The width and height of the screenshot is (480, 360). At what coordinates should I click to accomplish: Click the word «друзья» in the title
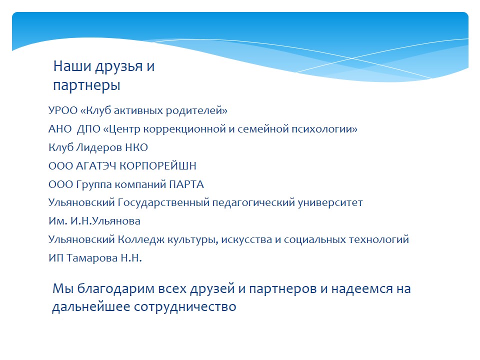click(119, 66)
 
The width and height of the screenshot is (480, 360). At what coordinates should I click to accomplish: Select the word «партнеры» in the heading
click(86, 85)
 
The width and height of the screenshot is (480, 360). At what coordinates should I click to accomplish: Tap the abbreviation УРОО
click(63, 110)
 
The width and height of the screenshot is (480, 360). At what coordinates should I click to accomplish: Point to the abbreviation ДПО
click(88, 129)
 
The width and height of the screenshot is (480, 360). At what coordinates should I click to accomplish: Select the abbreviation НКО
click(136, 147)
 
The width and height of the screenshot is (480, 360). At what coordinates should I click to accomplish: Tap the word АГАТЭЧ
click(96, 166)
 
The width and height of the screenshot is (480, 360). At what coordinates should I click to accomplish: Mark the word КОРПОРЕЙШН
click(157, 166)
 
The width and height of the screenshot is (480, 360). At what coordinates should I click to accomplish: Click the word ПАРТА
click(186, 184)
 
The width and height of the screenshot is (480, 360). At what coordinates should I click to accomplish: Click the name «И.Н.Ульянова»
click(105, 221)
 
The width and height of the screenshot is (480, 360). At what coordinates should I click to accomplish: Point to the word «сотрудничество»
click(185, 306)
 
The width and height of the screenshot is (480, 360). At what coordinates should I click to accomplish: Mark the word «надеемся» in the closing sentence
click(362, 289)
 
